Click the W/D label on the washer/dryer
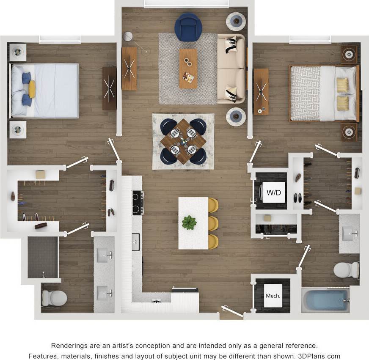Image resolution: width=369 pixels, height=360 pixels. tap(274, 193)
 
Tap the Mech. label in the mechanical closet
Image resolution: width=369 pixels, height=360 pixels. tap(273, 296)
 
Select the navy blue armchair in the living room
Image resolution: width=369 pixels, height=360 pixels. tap(188, 27)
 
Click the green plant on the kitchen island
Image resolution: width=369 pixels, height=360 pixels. tap(189, 223)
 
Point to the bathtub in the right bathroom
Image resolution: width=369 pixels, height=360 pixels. tap(325, 300)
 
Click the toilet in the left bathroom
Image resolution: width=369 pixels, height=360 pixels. tap(54, 298)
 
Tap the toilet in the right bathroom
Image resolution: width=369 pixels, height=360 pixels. tap(346, 270)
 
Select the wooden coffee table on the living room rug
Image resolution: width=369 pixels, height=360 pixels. tap(188, 68)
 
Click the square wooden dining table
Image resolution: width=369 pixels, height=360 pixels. tap(183, 141)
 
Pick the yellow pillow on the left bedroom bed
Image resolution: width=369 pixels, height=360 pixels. tap(32, 89)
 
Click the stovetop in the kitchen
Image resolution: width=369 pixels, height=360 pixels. tap(138, 203)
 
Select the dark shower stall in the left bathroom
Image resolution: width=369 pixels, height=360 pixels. tap(43, 257)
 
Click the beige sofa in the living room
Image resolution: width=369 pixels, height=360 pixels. tap(231, 69)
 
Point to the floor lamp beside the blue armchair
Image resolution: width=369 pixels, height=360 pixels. tap(128, 37)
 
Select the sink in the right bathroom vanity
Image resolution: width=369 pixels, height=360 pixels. tap(349, 233)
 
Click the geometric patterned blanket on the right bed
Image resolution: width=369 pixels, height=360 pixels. tap(305, 93)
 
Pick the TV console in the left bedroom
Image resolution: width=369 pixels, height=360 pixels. tap(109, 88)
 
